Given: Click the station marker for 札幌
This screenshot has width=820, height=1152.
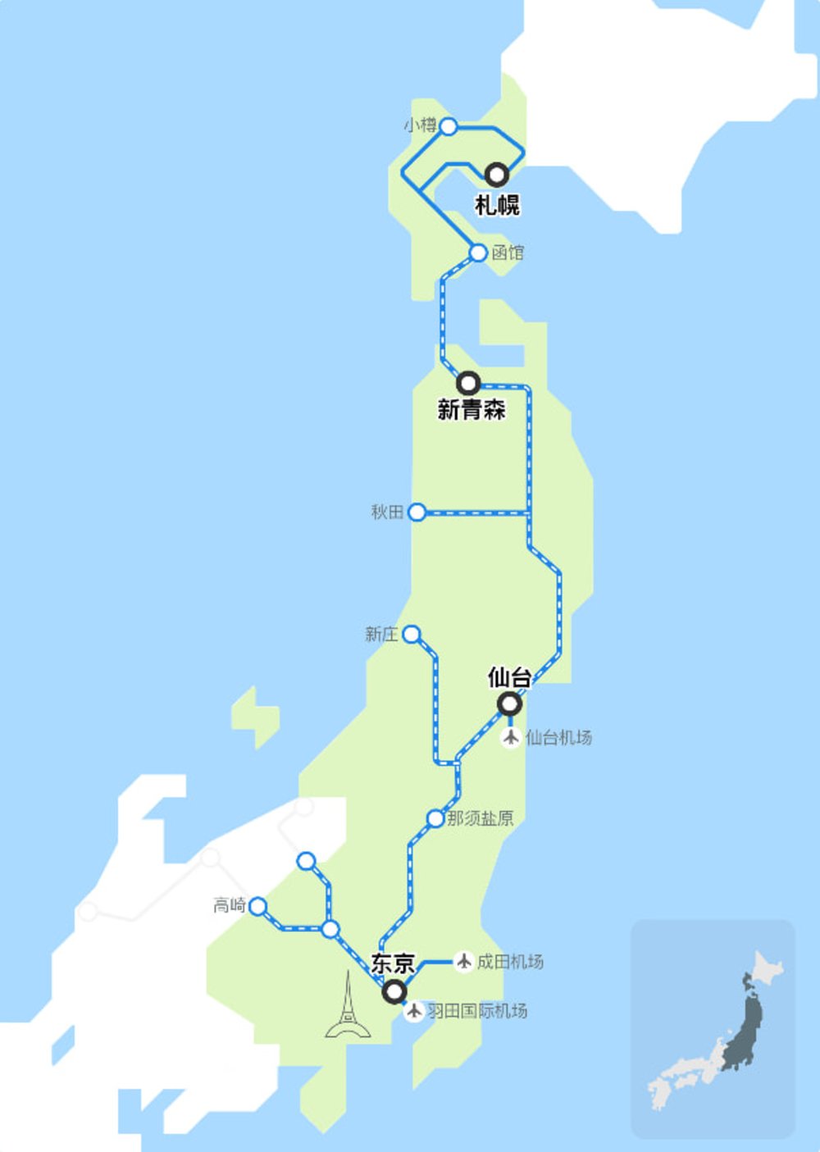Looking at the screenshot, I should tap(496, 175).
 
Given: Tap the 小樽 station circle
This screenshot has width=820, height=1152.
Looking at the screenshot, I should tap(448, 126).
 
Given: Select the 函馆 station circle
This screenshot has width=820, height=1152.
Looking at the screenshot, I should tap(478, 253).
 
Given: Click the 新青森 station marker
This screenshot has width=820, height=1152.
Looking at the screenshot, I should tap(468, 382).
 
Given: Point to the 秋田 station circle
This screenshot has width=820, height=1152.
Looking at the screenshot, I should tap(417, 512).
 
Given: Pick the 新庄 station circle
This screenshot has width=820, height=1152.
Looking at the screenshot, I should tap(412, 635).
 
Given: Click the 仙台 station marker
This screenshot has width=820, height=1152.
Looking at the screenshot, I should tap(510, 703).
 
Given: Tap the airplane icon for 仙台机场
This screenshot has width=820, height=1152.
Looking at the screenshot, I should tap(511, 737).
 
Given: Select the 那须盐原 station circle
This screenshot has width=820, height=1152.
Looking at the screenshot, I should tap(435, 818).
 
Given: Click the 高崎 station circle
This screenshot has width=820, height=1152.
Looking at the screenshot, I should tap(258, 906).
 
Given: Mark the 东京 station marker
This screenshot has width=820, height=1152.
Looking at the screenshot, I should tap(395, 992).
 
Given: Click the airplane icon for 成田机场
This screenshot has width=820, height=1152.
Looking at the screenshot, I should tap(464, 961).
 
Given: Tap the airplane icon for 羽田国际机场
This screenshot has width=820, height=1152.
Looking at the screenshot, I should tap(414, 1011).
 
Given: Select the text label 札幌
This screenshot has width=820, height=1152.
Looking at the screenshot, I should tap(497, 204).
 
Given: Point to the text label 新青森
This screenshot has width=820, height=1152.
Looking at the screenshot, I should tap(471, 408).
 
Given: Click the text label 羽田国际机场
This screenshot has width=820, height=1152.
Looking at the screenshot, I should tap(477, 1011).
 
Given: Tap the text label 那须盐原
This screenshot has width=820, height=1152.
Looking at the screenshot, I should tap(481, 818).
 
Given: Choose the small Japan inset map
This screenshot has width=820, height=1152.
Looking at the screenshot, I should tap(713, 1028).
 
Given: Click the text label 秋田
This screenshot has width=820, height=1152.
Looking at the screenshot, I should tap(387, 512).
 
